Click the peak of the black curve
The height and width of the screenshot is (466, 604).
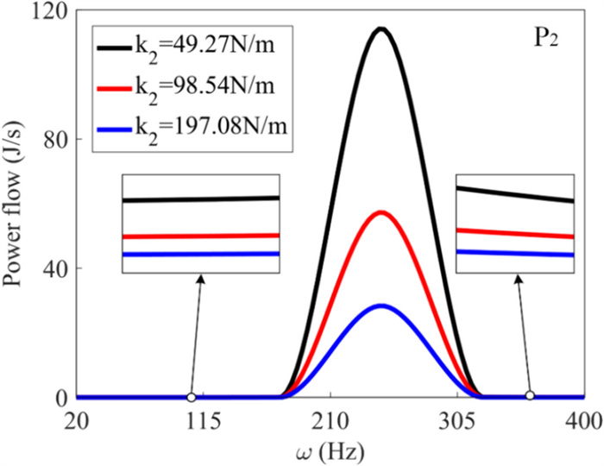pyautogui.click(x=380, y=29)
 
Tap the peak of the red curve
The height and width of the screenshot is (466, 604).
pyautogui.click(x=380, y=212)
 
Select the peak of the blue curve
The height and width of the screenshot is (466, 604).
pyautogui.click(x=380, y=306)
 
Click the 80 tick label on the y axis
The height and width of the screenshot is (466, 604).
pyautogui.click(x=56, y=139)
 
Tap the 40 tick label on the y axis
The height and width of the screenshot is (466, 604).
pyautogui.click(x=56, y=268)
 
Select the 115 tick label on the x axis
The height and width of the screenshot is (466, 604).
pyautogui.click(x=204, y=420)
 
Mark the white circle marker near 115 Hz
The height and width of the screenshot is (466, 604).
pyautogui.click(x=191, y=397)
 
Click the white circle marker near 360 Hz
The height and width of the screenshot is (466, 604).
pyautogui.click(x=531, y=396)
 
